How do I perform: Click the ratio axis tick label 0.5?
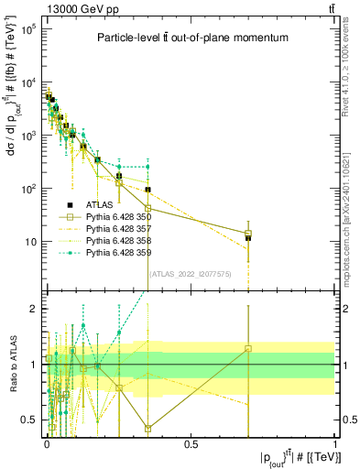[x=30, y=420]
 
